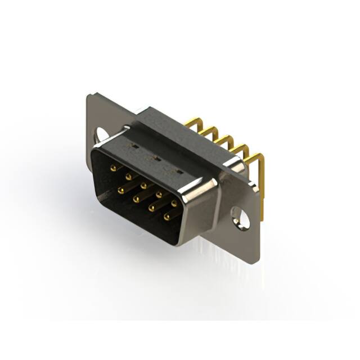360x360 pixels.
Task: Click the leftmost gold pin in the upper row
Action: pos(113,168)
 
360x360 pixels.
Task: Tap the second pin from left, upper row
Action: pos(129,177)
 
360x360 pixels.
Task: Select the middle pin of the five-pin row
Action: pos(144,185)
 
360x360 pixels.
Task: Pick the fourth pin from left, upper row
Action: pos(160,194)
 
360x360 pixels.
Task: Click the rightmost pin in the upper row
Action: pos(174,203)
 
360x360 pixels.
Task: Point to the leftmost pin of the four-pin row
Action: pos(121,190)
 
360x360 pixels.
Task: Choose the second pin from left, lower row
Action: pos(136,199)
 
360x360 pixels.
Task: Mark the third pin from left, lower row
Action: pos(151,208)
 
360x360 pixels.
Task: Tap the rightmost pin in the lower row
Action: pos(166,216)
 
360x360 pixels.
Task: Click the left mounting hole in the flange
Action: pos(101,136)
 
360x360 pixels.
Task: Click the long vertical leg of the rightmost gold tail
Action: pos(262,186)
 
